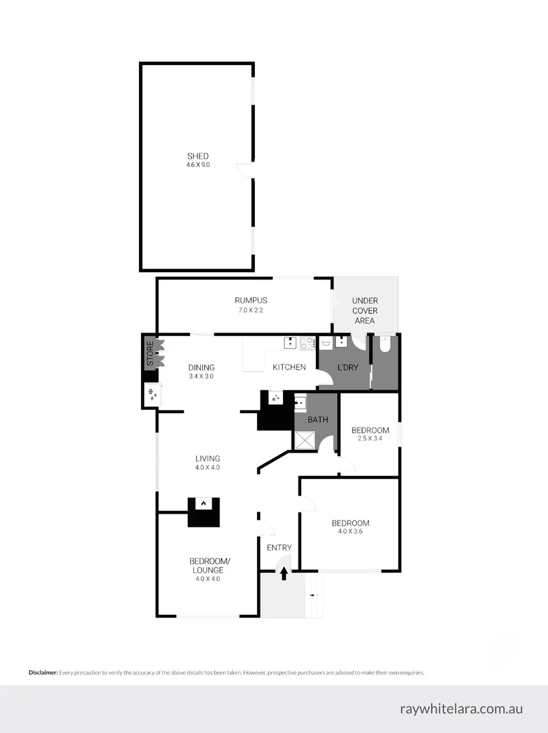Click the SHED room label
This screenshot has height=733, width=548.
tap(198, 156)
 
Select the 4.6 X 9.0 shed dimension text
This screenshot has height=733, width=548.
tap(198, 165)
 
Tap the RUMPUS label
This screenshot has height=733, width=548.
tap(250, 301)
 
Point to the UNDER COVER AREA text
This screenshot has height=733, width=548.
tap(365, 311)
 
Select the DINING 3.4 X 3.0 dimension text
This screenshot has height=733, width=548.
tap(201, 376)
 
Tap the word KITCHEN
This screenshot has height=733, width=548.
tap(289, 367)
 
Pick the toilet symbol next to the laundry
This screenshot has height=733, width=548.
tap(385, 344)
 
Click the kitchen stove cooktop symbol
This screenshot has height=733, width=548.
tap(308, 343)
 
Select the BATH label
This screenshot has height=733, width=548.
tap(318, 419)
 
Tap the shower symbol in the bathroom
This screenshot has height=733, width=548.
tap(305, 441)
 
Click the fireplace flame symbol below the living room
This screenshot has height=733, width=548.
tap(203, 504)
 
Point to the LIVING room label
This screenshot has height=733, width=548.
tap(208, 458)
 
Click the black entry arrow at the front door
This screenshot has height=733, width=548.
tap(283, 574)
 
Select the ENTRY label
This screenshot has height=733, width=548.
tap(279, 548)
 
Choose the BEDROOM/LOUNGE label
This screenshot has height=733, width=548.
tap(210, 565)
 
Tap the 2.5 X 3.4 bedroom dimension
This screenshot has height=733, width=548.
tap(370, 439)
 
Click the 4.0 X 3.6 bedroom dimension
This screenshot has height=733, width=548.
tap(350, 531)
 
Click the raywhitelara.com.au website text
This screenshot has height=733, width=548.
tap(461, 709)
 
